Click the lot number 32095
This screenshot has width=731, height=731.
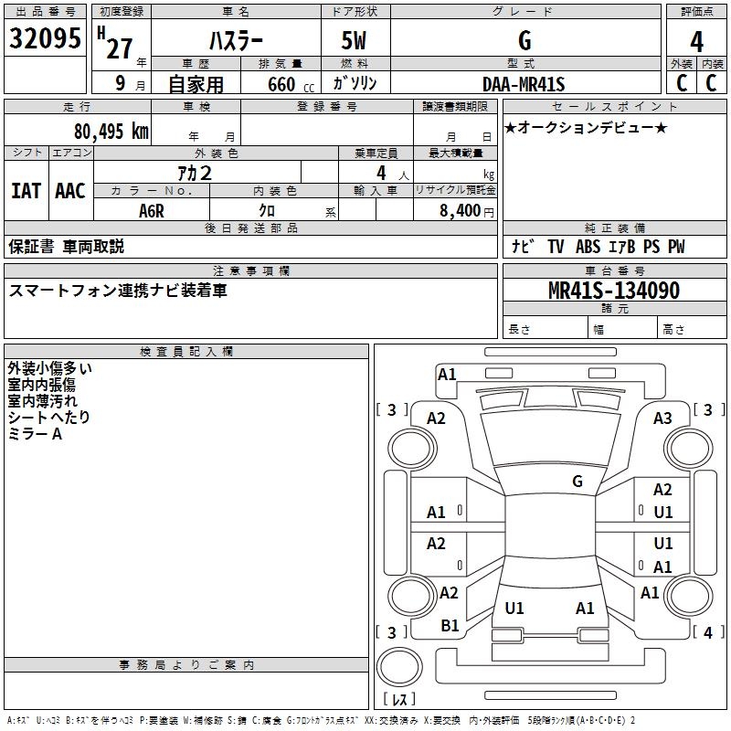[x=45, y=39]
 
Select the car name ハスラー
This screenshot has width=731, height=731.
[x=235, y=41]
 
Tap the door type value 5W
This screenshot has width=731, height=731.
[x=355, y=41]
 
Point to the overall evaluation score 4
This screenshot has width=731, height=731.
[x=697, y=41]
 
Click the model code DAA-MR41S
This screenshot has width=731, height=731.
[x=524, y=84]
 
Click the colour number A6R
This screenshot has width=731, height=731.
[x=152, y=210]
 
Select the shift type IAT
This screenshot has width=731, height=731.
[x=26, y=191]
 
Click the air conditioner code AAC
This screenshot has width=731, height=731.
[x=69, y=191]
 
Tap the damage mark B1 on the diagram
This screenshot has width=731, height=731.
[x=450, y=625]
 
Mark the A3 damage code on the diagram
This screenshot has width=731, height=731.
[x=662, y=418]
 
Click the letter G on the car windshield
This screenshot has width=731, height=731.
[x=577, y=481]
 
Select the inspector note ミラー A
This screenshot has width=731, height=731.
[x=35, y=434]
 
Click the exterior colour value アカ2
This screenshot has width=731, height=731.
[x=195, y=173]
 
